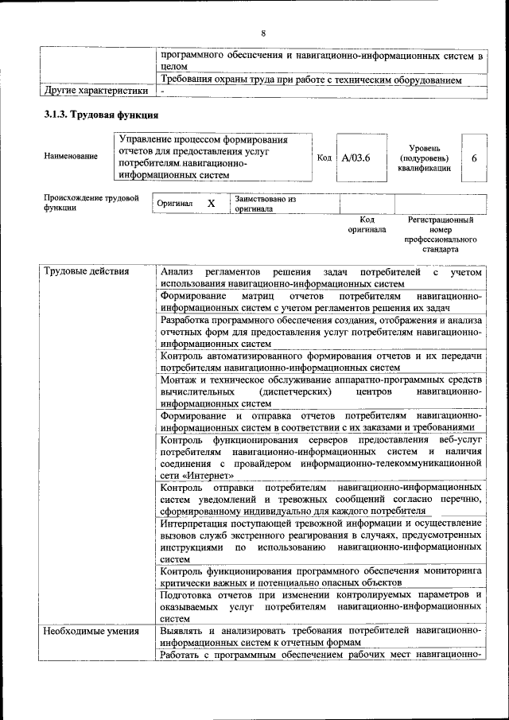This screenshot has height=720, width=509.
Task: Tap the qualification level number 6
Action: click(x=474, y=158)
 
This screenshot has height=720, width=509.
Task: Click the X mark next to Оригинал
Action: click(x=211, y=204)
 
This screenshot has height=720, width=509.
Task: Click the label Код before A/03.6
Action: click(x=324, y=158)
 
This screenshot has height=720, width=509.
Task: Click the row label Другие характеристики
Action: click(x=96, y=91)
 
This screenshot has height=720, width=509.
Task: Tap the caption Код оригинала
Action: click(x=367, y=224)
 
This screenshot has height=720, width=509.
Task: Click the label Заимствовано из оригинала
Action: click(x=265, y=204)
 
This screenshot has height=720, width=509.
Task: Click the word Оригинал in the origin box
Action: click(x=175, y=204)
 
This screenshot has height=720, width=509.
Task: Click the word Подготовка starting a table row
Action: click(x=188, y=594)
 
